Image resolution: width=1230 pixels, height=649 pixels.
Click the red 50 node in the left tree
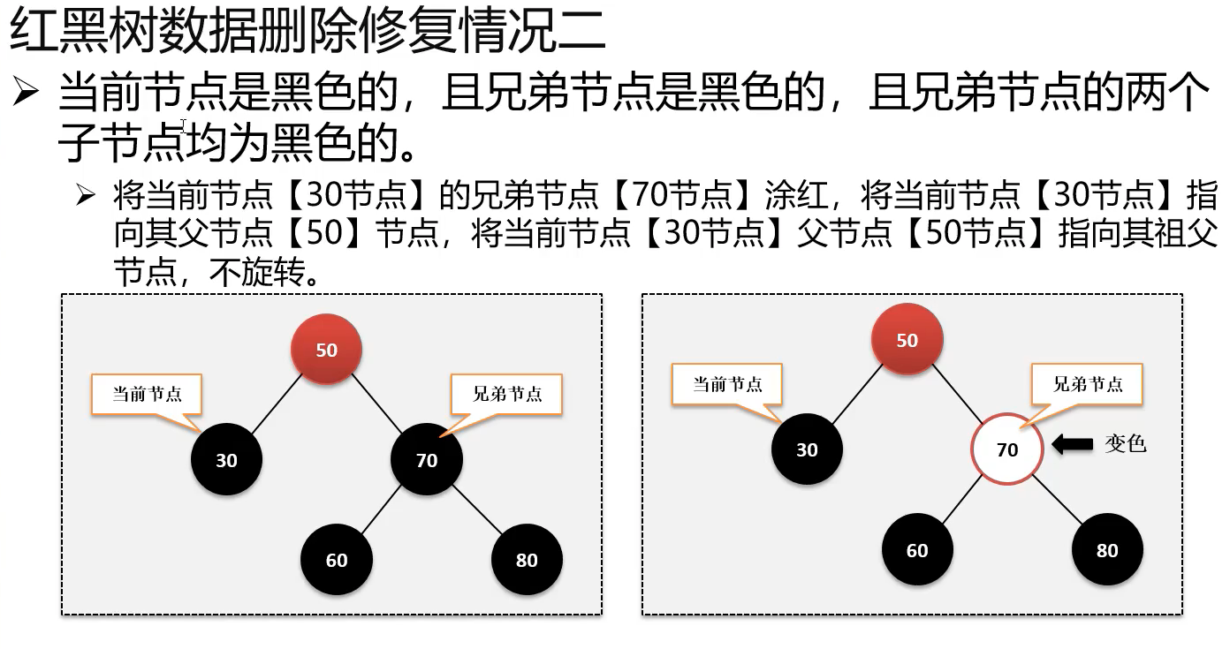[327, 350]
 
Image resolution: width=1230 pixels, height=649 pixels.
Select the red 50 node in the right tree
[907, 340]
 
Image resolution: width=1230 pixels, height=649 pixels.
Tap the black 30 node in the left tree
[227, 460]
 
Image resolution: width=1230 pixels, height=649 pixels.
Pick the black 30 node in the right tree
[807, 449]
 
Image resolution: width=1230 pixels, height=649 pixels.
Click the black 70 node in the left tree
[427, 460]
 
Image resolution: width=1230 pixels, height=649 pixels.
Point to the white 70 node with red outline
[1007, 449]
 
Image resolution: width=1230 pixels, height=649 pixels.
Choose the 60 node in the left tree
[337, 560]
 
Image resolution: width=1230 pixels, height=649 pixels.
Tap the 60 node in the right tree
[917, 550]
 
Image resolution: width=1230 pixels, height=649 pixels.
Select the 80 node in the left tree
[527, 560]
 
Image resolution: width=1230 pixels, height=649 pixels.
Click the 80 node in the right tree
[1107, 550]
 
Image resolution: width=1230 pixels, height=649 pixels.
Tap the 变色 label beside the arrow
[1125, 444]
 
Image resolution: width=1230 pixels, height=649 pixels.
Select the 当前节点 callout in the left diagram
[147, 394]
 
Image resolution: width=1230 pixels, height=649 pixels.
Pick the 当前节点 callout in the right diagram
[727, 384]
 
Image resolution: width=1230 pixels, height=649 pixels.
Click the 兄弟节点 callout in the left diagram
[507, 394]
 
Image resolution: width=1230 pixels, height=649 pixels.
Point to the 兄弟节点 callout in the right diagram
[1088, 384]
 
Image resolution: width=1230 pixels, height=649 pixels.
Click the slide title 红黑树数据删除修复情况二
[307, 33]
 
